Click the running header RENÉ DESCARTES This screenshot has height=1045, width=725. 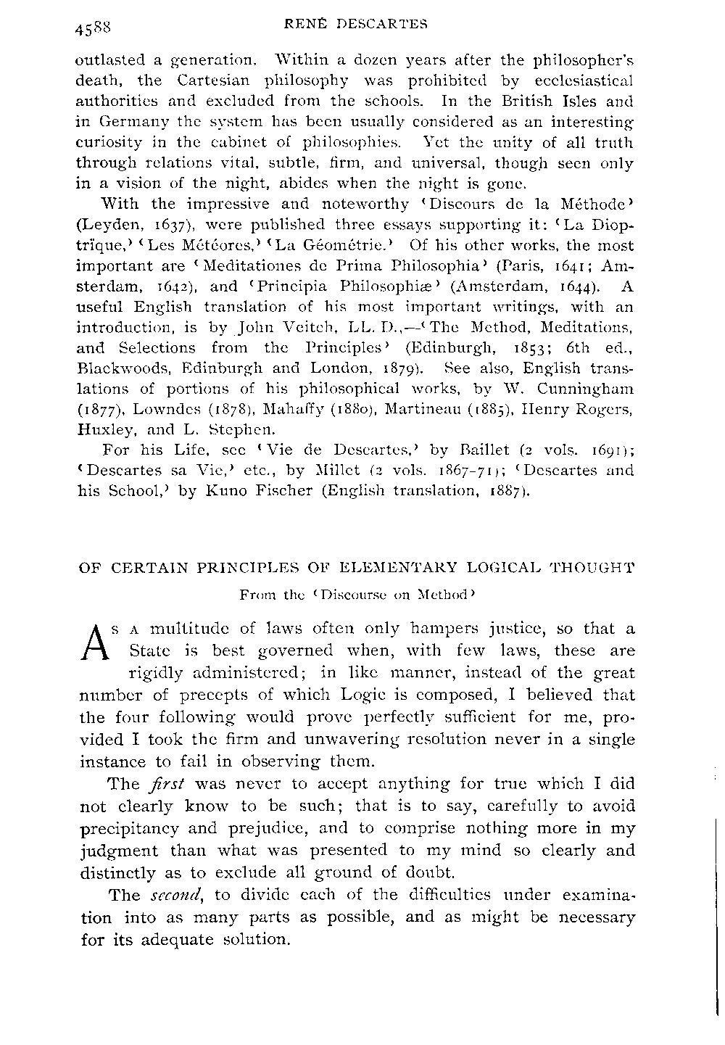[x=354, y=24]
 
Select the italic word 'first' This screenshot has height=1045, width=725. [x=171, y=784]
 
